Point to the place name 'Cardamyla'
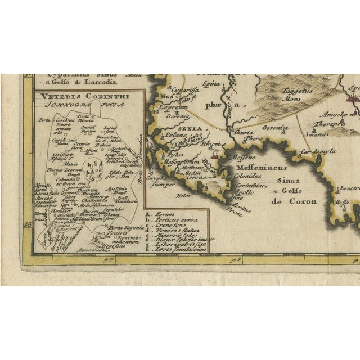(318, 151)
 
